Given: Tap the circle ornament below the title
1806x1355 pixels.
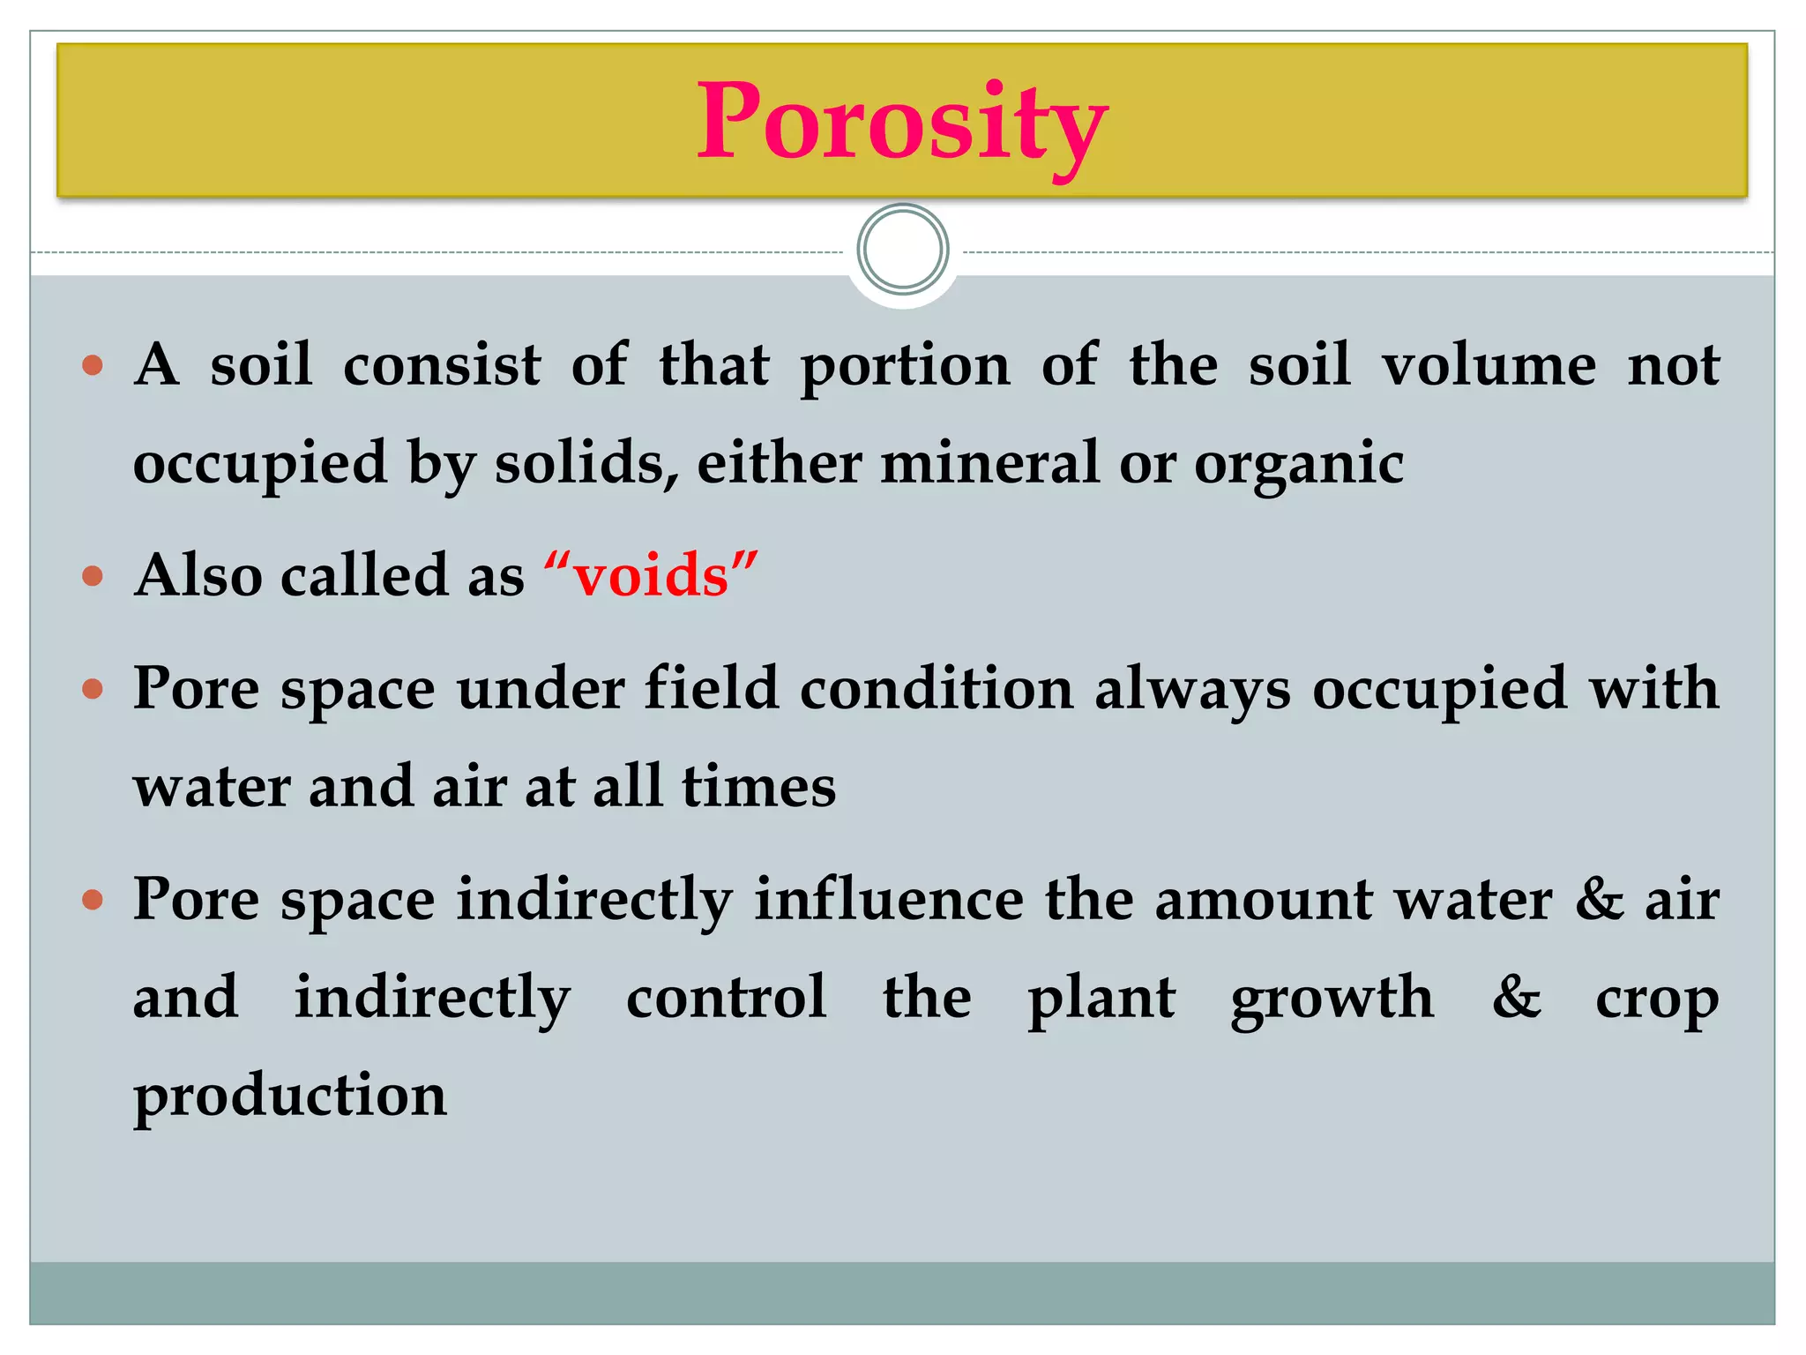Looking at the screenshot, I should [902, 250].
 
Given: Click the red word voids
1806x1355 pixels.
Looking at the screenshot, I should [652, 576].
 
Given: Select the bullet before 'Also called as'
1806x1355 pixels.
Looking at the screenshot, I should [93, 577].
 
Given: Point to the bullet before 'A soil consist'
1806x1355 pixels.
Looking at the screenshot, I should [93, 364].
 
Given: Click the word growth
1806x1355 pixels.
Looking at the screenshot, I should [1332, 999].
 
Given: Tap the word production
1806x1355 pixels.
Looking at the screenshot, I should [290, 1097].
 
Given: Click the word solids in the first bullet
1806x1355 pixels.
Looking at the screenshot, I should [586, 463].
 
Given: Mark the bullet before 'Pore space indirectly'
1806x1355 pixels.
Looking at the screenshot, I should [93, 901].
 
